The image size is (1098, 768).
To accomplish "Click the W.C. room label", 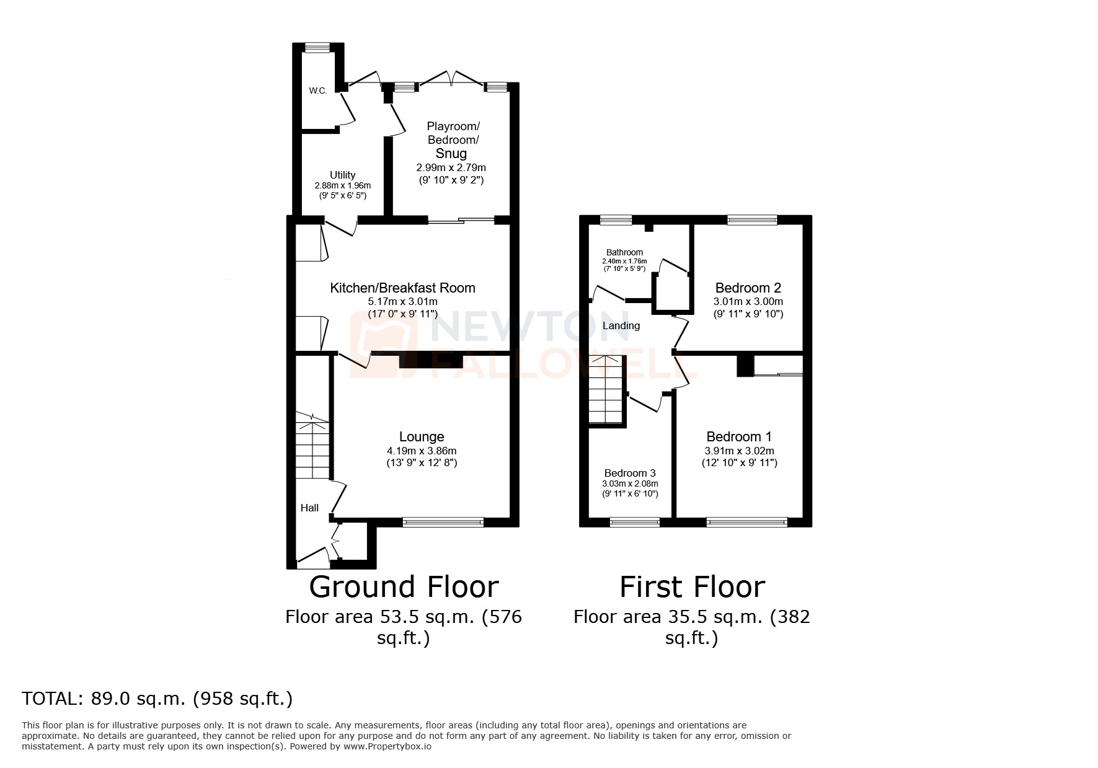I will (x=318, y=91).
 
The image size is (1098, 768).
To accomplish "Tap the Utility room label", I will (x=342, y=175).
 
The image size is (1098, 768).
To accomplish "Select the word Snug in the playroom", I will (x=451, y=153).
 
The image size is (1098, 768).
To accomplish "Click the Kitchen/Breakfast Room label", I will (x=402, y=288).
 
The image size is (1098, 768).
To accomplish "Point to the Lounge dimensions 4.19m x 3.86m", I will (x=422, y=451).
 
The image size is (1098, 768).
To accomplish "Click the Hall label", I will (x=309, y=508).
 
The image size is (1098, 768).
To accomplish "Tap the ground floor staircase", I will (x=312, y=446).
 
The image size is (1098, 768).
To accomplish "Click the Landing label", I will (x=621, y=325).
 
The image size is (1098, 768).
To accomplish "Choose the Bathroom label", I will (x=624, y=252).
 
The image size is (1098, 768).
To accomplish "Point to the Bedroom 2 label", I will (x=748, y=288).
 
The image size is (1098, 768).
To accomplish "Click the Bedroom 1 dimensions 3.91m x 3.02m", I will (x=739, y=451).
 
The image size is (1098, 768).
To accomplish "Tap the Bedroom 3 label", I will (x=630, y=473).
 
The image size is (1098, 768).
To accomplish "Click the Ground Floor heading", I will (x=404, y=586).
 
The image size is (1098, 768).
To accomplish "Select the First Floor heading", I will (x=692, y=586).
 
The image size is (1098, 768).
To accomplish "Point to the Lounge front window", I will (x=443, y=523).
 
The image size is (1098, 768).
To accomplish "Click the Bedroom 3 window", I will (x=635, y=523).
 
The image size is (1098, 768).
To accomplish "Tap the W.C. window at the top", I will (x=317, y=46).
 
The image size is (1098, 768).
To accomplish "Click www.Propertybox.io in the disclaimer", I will (x=387, y=747).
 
